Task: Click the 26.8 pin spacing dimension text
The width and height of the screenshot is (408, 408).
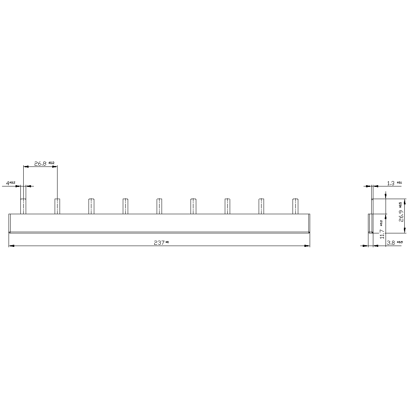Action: (40, 164)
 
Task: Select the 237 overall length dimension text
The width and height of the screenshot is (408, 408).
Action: (159, 243)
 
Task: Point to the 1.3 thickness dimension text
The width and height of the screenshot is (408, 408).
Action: (390, 183)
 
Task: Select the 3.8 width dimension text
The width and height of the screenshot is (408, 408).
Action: (390, 243)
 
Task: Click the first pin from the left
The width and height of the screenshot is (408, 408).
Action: (24, 206)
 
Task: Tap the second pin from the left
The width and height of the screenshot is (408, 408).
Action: (58, 206)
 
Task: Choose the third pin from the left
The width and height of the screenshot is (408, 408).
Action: (91, 206)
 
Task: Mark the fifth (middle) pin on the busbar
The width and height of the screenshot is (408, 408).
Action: (159, 206)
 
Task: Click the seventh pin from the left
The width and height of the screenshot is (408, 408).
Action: (227, 206)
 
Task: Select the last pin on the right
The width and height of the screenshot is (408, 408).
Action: (295, 206)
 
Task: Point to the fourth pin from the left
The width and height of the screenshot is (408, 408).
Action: (125, 206)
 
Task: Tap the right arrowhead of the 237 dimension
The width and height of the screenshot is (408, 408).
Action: (307, 246)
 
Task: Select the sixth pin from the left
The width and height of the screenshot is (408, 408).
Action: (193, 206)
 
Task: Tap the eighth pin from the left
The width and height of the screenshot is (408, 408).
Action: (262, 206)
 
